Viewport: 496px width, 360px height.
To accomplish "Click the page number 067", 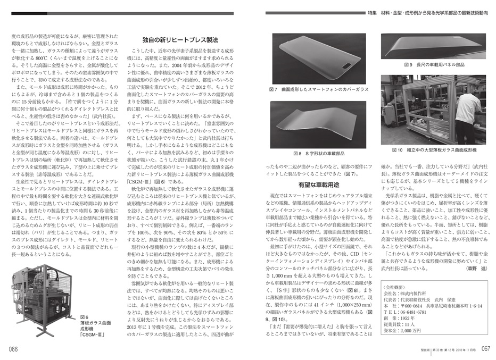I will [482, 349].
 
